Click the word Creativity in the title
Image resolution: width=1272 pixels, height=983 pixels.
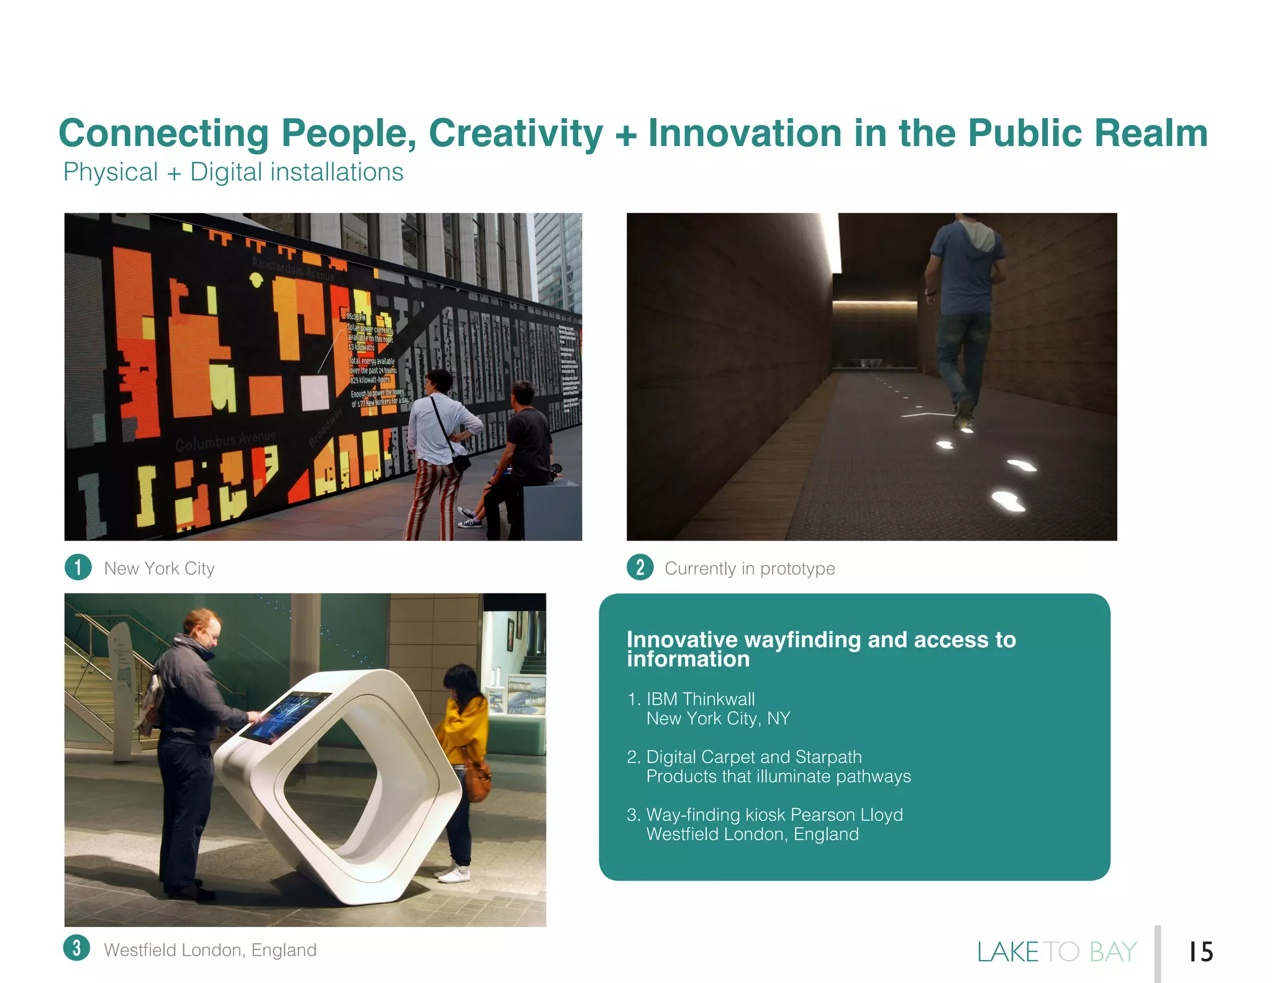515,133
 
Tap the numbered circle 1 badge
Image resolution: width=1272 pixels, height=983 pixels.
78,567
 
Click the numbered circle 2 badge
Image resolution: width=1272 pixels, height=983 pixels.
640,567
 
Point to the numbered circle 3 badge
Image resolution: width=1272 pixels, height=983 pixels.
77,948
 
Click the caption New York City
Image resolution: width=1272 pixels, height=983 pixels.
159,569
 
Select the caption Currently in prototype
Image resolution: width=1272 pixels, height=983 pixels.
750,569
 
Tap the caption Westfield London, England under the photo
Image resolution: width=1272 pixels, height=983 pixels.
210,950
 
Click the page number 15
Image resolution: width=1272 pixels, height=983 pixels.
1201,951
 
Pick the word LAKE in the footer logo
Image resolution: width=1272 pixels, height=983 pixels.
1007,952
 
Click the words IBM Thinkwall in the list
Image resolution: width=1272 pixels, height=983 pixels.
701,699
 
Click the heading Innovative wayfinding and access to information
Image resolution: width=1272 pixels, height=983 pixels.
821,649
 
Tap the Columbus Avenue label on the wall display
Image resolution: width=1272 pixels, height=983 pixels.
225,440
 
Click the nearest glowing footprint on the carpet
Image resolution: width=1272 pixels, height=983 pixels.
1007,500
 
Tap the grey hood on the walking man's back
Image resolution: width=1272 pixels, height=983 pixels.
978,235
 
